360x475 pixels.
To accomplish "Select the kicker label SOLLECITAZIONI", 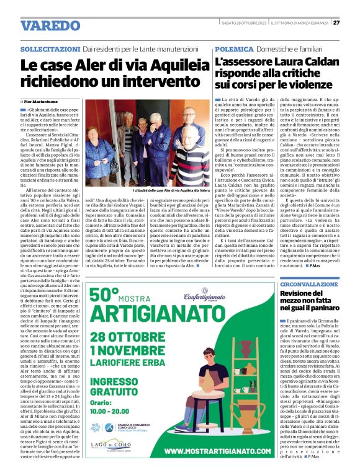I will pyautogui.click(x=50, y=48).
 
